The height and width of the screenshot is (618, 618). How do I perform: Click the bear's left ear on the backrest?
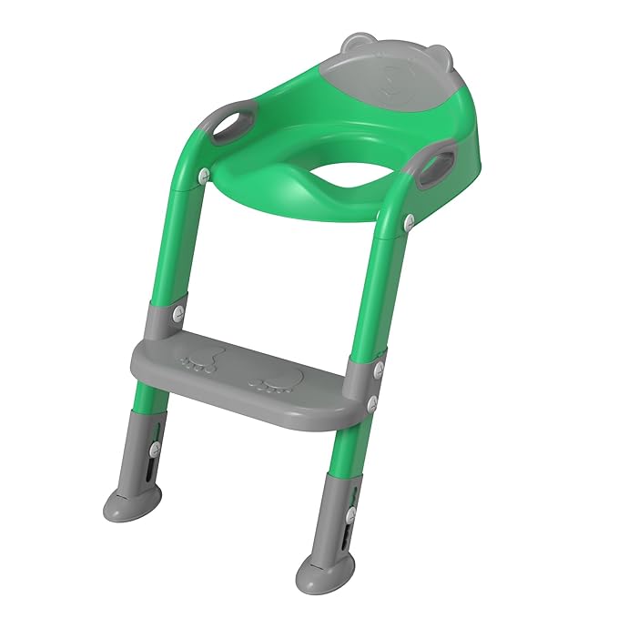point(356,43)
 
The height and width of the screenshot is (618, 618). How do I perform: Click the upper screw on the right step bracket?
point(375,369)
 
